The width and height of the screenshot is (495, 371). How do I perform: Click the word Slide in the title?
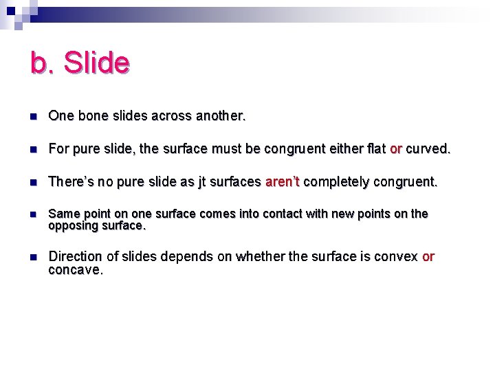tap(96, 63)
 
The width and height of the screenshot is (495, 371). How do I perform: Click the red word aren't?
tap(282, 182)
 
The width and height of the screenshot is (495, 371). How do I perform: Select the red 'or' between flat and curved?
tap(395, 149)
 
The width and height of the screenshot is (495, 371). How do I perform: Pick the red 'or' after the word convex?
tap(428, 256)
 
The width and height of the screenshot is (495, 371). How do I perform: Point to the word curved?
tap(428, 149)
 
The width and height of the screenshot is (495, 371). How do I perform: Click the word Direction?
tap(75, 256)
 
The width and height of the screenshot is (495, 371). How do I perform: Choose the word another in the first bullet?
tap(220, 117)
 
